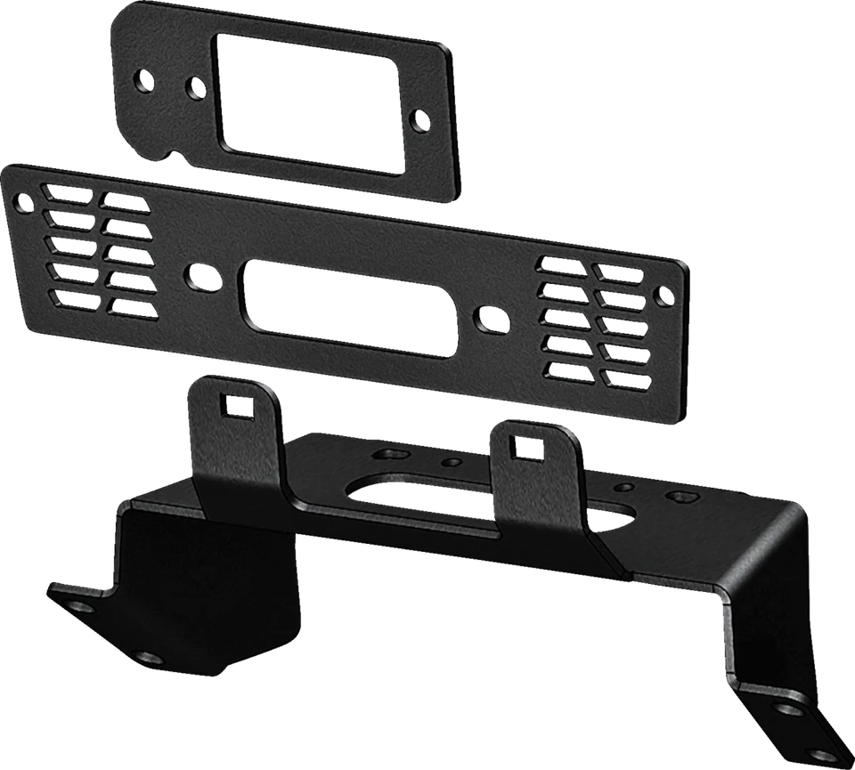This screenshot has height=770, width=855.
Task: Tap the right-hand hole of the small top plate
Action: pos(419,118)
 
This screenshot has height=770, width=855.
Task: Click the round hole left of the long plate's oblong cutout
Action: pos(199,275)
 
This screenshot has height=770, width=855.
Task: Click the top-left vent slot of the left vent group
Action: pos(67,193)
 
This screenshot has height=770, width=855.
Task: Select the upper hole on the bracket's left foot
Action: pos(82,606)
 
